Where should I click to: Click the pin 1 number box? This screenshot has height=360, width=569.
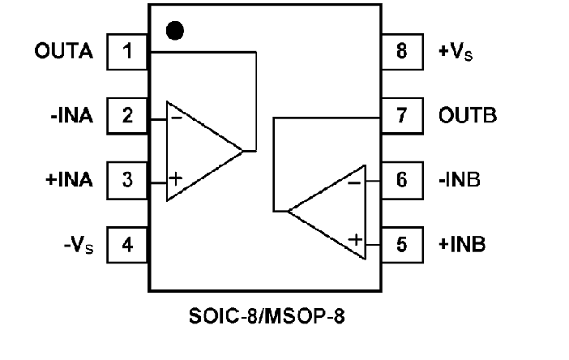127,52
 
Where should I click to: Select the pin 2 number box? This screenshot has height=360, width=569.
127,116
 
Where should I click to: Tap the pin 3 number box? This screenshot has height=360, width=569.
127,179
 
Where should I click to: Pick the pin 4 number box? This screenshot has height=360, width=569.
127,243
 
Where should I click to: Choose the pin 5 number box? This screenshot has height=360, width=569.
402,243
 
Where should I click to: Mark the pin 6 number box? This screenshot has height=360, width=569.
402,179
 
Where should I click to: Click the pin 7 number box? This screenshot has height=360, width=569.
402,116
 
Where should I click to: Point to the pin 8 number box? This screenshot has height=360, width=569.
402,52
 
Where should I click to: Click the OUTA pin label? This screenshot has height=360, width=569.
64,52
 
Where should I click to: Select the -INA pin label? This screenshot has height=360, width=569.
71,116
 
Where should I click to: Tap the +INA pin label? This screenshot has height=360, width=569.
68,179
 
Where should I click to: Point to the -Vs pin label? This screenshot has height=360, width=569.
79,243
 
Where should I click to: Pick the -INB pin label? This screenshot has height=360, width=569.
460,179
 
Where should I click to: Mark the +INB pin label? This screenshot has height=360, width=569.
462,243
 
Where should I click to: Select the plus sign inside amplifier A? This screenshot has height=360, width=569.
177,178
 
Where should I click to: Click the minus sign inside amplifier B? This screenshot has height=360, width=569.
354,182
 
